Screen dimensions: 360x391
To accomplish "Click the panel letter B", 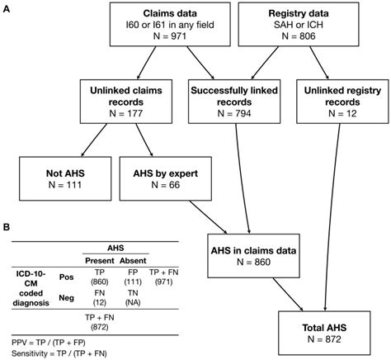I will [x=7, y=227].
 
